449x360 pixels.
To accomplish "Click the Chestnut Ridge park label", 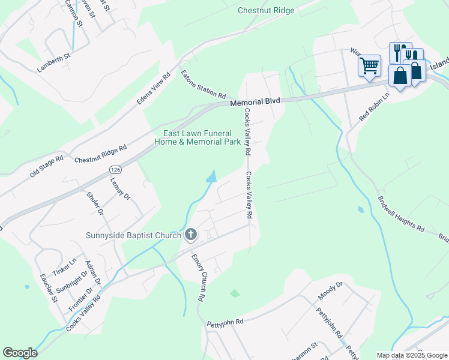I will pos(266,10).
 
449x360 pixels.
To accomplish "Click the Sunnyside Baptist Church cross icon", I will pos(191,235).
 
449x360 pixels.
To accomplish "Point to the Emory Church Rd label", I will pos(199,277).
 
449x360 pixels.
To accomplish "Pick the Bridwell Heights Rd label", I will pos(401,214).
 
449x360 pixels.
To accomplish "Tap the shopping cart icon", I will pos(369,65).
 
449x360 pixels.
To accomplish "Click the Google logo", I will pos(20,353).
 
